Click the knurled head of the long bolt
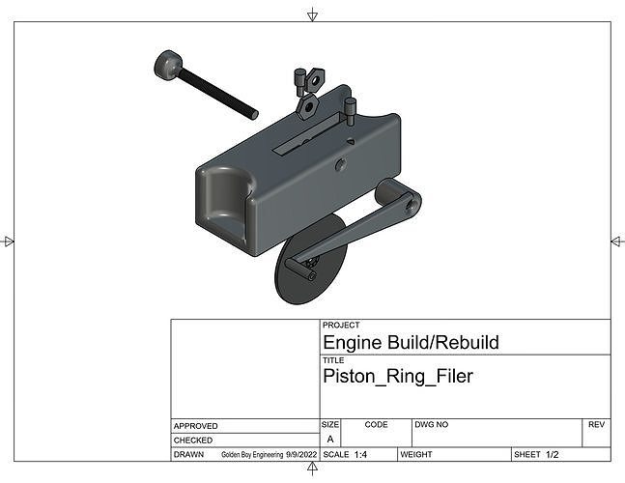click(x=168, y=66)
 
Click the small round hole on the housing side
click(x=341, y=165)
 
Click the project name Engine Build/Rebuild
click(x=411, y=343)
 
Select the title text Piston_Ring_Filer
click(x=397, y=377)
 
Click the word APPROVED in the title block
click(x=196, y=426)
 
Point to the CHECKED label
click(x=194, y=440)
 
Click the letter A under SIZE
click(x=330, y=440)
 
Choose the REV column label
click(x=596, y=425)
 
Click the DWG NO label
click(x=432, y=425)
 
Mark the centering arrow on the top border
click(x=312, y=14)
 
